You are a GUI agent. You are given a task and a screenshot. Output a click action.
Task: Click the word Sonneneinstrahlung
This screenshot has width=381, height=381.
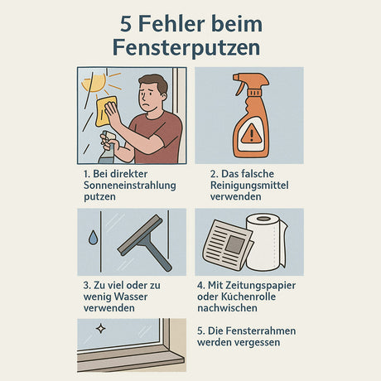point(129,186)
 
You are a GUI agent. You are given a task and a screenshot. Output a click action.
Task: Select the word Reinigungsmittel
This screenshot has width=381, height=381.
point(248,186)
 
